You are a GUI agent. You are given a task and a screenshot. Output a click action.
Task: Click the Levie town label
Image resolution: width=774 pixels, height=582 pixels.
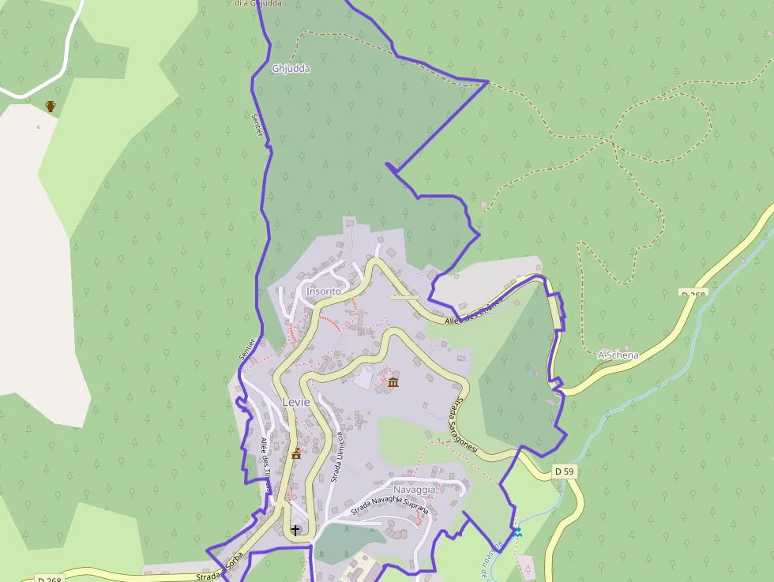(296, 402)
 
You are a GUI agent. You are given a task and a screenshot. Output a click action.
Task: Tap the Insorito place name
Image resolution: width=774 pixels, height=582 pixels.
(324, 291)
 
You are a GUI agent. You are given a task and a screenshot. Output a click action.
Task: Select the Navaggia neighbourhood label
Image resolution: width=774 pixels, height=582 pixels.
(415, 490)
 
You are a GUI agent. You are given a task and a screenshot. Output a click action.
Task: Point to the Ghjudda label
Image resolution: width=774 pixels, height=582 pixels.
(291, 69)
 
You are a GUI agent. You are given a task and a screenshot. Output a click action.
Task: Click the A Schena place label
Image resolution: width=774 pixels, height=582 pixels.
(618, 355)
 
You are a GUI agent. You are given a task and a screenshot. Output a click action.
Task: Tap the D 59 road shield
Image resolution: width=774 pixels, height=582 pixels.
(563, 471)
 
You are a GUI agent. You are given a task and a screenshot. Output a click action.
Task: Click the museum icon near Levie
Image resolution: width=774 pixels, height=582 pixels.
(393, 383)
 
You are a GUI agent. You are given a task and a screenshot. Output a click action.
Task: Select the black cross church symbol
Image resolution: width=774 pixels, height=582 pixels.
(296, 529)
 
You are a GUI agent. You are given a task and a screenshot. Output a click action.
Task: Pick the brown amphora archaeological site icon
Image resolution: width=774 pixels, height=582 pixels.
(51, 106)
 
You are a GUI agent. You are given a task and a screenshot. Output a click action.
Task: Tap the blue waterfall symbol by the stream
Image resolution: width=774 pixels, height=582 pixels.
(517, 533)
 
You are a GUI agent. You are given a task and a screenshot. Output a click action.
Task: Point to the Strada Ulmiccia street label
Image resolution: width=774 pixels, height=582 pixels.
(337, 457)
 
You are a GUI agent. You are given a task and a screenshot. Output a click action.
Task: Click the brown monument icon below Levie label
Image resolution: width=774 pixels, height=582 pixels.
(297, 453)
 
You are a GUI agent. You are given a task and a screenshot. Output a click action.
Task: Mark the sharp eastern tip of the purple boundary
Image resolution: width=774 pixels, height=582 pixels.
(488, 81)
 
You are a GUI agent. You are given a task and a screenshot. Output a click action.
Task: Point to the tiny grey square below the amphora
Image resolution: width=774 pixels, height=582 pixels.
(37, 127)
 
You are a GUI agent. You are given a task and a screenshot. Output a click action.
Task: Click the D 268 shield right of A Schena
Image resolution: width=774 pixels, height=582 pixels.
(693, 294)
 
